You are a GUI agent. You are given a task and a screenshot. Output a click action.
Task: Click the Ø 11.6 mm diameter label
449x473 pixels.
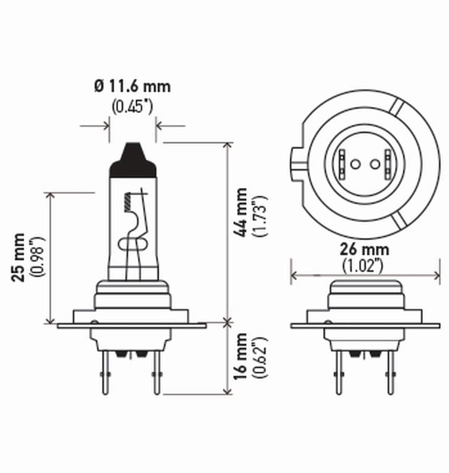click(x=132, y=86)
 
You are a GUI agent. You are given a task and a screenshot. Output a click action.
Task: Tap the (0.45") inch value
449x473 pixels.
click(x=132, y=107)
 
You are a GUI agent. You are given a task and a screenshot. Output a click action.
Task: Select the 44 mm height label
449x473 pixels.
click(x=241, y=212)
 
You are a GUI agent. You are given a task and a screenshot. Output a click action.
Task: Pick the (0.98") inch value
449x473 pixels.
click(x=40, y=258)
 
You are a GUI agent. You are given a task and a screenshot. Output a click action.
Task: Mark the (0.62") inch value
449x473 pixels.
click(x=259, y=357)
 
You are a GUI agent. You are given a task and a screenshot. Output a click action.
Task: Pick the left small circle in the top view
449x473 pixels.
click(x=355, y=164)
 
